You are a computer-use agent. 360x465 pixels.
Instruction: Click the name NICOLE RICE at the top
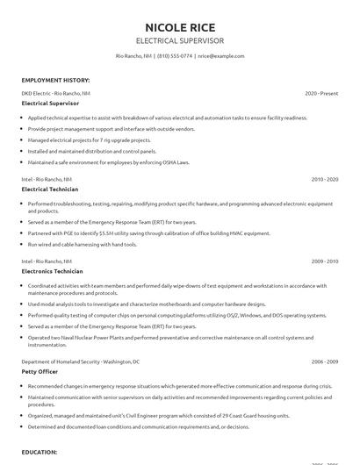[180, 25]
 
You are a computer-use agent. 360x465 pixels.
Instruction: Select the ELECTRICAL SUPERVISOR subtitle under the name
[180, 40]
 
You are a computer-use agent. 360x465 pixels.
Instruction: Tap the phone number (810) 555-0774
[175, 55]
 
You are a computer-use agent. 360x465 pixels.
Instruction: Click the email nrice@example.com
[220, 55]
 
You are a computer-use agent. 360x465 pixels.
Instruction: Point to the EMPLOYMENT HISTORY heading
[54, 79]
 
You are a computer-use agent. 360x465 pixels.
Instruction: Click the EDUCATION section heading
[40, 452]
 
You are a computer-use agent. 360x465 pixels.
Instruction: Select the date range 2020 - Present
[321, 92]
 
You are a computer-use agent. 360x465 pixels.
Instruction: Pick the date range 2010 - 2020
[325, 178]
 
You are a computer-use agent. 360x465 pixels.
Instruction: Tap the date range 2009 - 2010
[325, 261]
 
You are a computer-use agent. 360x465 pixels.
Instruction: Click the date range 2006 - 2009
[325, 361]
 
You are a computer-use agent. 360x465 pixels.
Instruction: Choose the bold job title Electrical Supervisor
[51, 103]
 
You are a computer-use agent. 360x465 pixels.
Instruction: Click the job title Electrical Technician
[50, 189]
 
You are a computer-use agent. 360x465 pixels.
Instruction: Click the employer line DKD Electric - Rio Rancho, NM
[55, 92]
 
